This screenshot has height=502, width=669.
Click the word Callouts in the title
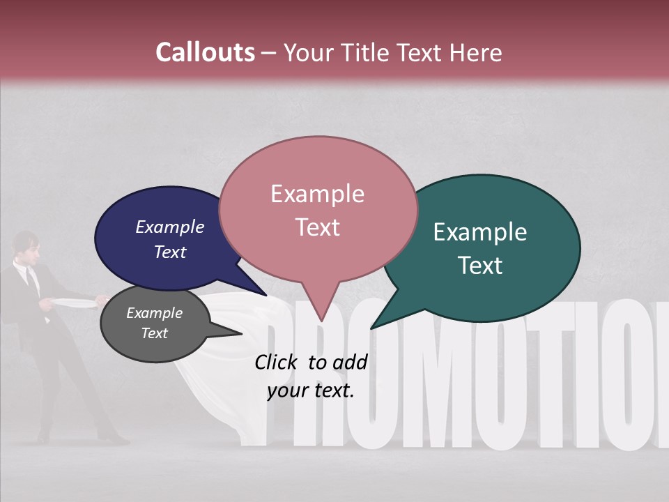(x=205, y=52)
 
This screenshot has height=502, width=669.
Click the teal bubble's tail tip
(x=372, y=328)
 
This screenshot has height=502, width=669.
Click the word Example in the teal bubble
(x=479, y=232)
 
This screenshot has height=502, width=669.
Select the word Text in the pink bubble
(x=317, y=227)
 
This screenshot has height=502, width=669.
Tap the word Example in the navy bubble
(x=170, y=227)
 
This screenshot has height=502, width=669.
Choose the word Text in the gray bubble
(x=154, y=333)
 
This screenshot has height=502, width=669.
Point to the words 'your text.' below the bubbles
(x=311, y=390)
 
